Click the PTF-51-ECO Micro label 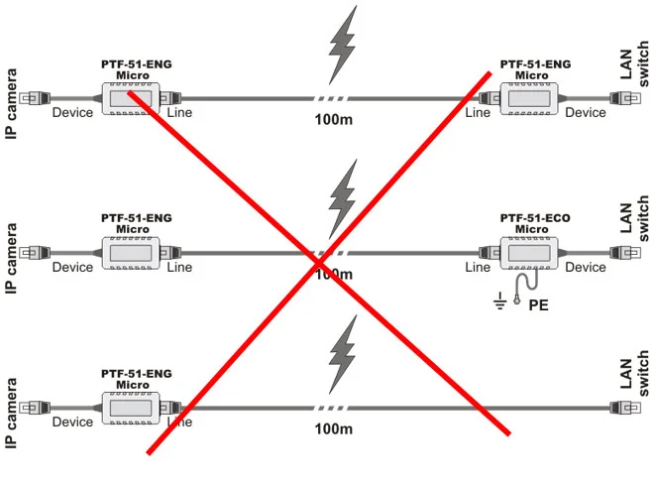tap(535, 223)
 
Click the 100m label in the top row tap(334, 120)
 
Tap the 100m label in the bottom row tap(334, 429)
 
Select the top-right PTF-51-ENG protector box tap(532, 98)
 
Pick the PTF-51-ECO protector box tap(532, 253)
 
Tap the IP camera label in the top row tap(12, 103)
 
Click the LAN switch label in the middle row tap(633, 218)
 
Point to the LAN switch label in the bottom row tap(633, 374)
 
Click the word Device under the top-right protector tap(585, 113)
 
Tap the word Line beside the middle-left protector tap(179, 268)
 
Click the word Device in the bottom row tap(72, 423)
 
